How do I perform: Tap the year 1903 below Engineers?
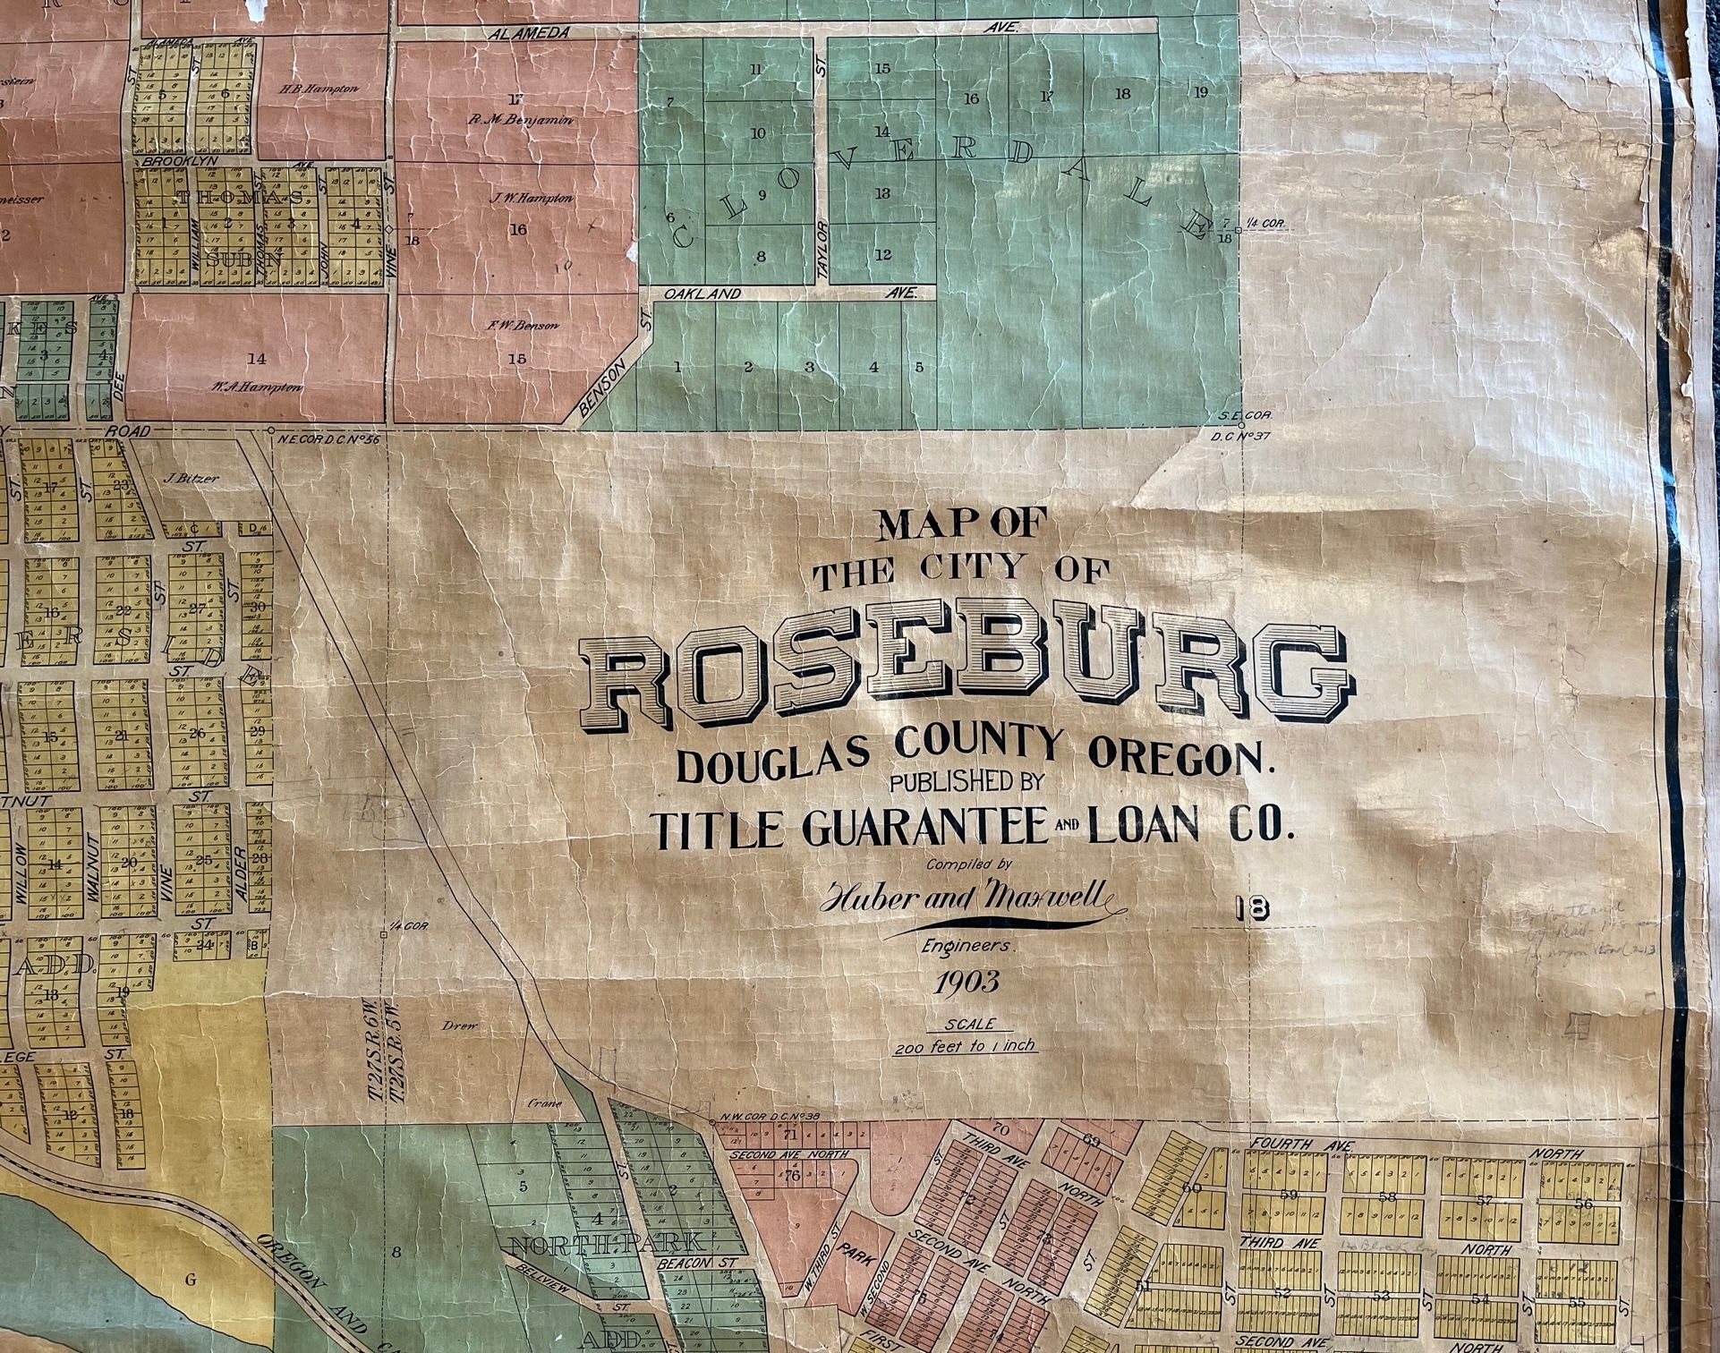(x=967, y=984)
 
